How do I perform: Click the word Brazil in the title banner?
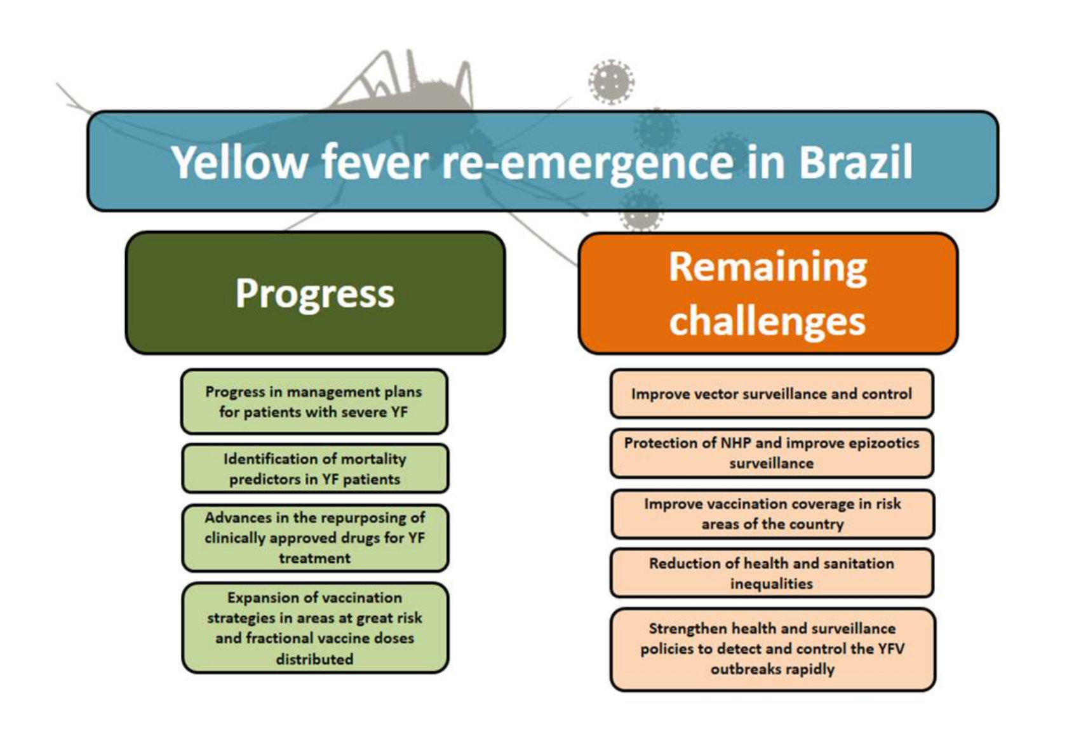tap(855, 162)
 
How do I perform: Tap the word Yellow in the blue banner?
tap(239, 162)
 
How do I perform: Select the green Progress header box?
tap(315, 293)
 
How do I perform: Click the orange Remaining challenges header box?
tap(768, 293)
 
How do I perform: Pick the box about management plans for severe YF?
tap(314, 401)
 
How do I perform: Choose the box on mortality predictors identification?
tap(315, 468)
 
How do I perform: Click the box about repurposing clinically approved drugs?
tap(315, 538)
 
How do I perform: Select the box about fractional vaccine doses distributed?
tap(315, 627)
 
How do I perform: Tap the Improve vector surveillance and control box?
tap(772, 394)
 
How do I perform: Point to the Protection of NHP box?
tap(772, 453)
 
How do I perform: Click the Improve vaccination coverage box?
tap(772, 514)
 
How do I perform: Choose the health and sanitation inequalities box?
tap(772, 573)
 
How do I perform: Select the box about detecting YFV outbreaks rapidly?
tap(772, 649)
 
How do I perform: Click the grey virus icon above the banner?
tap(611, 81)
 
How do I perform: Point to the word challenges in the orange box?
tap(767, 321)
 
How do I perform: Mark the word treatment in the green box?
tap(315, 558)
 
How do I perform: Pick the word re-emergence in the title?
tap(588, 163)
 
